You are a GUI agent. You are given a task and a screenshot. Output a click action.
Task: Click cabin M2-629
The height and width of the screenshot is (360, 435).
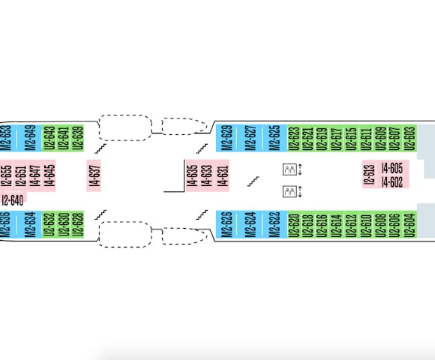pos(226,138)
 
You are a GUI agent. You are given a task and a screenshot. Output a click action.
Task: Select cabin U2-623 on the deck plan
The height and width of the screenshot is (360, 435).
pos(294,138)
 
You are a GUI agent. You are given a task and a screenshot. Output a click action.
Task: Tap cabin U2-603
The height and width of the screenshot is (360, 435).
pos(410,138)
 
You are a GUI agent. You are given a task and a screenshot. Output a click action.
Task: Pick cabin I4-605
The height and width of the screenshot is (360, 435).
pos(392,168)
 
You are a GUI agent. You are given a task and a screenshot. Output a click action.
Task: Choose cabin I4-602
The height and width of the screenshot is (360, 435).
pos(392,182)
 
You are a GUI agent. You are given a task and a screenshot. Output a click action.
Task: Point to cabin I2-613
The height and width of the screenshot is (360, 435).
pos(369,175)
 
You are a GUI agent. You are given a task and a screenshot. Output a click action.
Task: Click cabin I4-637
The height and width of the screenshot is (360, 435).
pos(94,175)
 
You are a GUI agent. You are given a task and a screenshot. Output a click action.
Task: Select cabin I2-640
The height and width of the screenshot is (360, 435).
pos(13,200)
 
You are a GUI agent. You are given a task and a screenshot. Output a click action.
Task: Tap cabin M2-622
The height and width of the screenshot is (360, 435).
pos(274,224)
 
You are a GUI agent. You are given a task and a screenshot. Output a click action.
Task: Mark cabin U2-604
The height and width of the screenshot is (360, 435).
pos(410,224)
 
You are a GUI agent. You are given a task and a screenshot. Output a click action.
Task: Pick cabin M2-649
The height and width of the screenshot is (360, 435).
pos(30,138)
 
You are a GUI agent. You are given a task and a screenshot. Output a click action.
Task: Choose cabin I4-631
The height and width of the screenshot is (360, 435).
pos(223,175)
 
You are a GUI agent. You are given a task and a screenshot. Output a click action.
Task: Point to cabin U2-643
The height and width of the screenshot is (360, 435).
pos(49,138)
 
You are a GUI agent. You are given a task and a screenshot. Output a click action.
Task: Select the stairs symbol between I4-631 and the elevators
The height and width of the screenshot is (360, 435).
pos(253,181)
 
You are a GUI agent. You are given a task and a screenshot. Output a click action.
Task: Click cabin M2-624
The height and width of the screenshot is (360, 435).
pos(250,224)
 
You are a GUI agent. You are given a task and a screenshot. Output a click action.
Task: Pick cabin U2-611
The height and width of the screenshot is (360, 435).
pos(366,138)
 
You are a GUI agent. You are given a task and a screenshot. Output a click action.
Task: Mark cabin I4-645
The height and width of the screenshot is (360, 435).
pos(49,175)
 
